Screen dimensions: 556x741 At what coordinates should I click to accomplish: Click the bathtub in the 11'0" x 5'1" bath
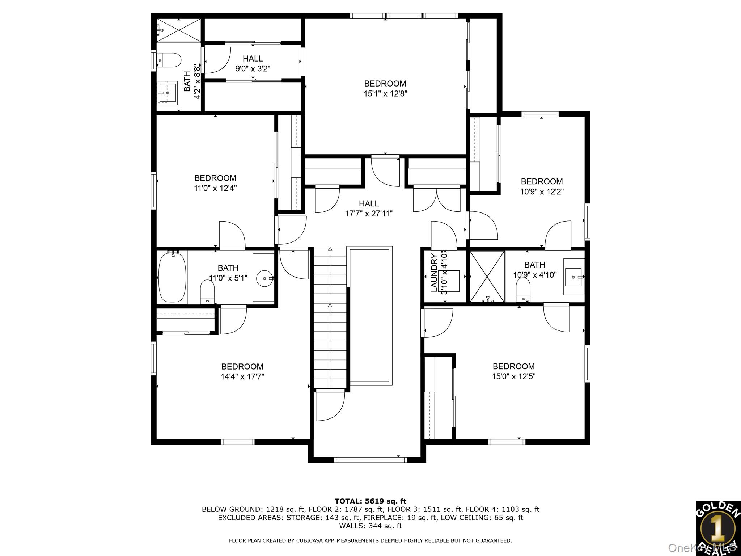(172, 277)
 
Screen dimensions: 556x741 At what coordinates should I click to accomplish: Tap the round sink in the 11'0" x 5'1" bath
(264, 278)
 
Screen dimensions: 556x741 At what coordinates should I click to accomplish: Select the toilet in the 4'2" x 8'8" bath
(170, 60)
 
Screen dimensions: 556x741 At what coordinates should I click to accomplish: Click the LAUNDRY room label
(434, 272)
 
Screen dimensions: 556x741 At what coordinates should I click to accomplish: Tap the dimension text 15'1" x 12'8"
(385, 94)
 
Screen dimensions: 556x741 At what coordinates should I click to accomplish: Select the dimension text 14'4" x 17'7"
(242, 376)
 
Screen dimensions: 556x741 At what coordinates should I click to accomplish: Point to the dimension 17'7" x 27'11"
(369, 214)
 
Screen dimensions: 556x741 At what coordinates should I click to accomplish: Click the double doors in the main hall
(437, 199)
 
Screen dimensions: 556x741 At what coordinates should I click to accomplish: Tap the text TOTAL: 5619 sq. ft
(370, 501)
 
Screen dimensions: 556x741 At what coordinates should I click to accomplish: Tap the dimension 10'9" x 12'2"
(542, 191)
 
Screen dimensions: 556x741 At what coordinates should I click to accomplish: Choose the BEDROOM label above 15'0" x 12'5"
(513, 366)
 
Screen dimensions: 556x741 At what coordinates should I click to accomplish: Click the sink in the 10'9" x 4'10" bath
(574, 277)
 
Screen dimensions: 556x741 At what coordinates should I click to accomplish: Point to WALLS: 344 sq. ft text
(370, 526)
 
